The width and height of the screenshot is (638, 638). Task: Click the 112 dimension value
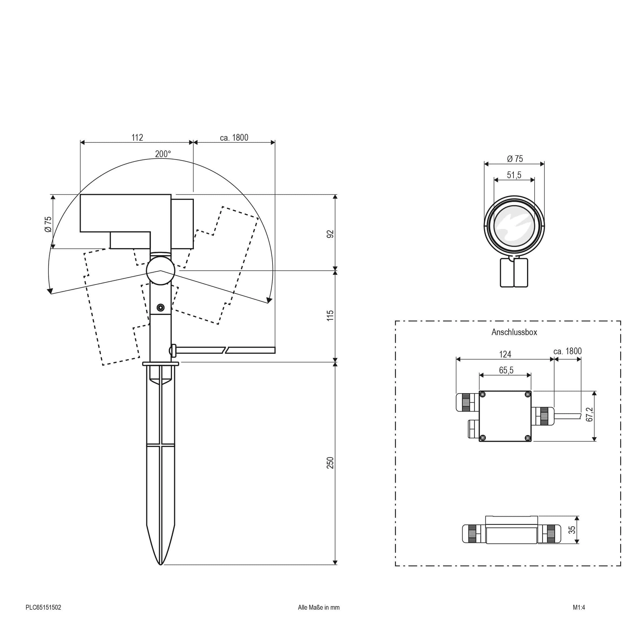tap(137, 137)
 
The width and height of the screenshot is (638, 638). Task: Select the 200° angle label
tap(163, 154)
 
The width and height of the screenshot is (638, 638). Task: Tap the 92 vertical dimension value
tap(330, 234)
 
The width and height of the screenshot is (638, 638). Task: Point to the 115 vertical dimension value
tap(330, 315)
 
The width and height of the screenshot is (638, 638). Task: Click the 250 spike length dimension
tap(330, 463)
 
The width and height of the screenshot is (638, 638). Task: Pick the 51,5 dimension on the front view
tap(514, 175)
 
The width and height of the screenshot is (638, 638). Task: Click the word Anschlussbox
tap(514, 332)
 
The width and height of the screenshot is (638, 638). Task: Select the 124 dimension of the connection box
tap(505, 354)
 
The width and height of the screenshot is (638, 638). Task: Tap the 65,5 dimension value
tap(506, 370)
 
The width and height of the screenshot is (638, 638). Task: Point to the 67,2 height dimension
tap(589, 414)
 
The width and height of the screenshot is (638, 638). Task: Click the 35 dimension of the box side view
tap(572, 529)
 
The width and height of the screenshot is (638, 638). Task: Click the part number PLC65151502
tap(43, 607)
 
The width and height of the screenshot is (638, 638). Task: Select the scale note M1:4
tap(579, 607)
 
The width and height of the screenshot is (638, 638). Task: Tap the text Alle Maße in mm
tap(319, 607)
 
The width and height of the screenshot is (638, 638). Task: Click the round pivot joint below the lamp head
tap(160, 271)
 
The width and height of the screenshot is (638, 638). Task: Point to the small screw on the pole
tap(160, 308)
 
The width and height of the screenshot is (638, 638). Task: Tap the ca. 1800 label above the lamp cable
tap(234, 137)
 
